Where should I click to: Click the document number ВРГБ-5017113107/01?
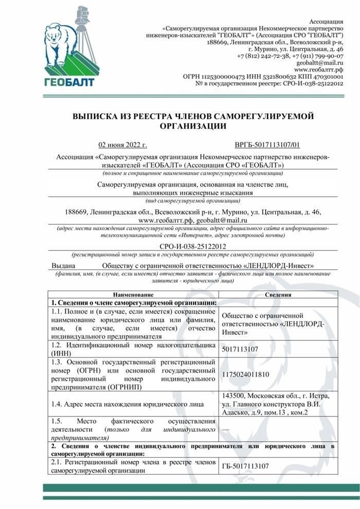(267, 146)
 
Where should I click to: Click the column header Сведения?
(278, 295)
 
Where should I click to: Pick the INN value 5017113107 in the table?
(240, 349)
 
